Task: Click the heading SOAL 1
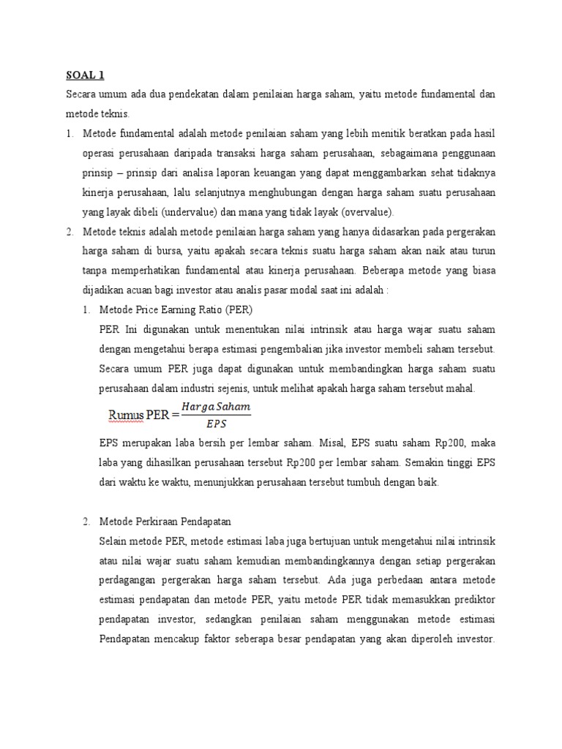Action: point(86,75)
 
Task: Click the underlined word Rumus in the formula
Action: point(126,415)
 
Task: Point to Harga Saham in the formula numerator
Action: point(216,407)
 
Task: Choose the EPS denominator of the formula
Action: point(216,424)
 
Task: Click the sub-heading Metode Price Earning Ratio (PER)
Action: point(175,309)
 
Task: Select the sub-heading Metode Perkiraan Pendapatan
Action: point(165,522)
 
